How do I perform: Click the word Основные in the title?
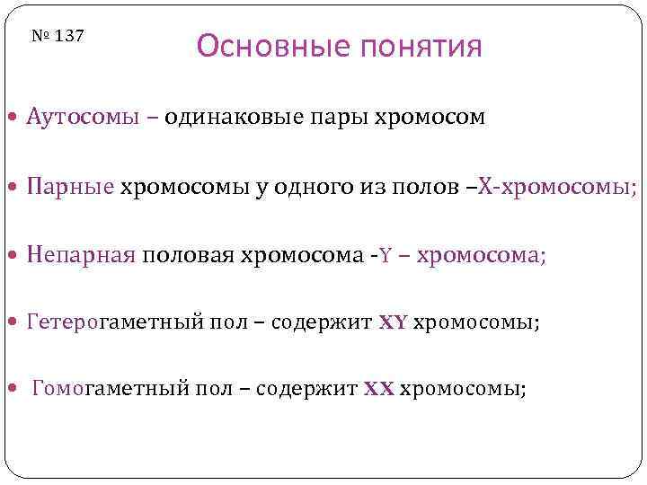[x=266, y=46]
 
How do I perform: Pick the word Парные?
[x=71, y=187]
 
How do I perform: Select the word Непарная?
[x=81, y=255]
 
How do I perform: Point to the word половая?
[x=187, y=255]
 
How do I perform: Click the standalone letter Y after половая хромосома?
[x=386, y=256]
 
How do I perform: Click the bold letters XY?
[x=393, y=323]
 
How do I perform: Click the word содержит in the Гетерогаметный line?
[x=322, y=322]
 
